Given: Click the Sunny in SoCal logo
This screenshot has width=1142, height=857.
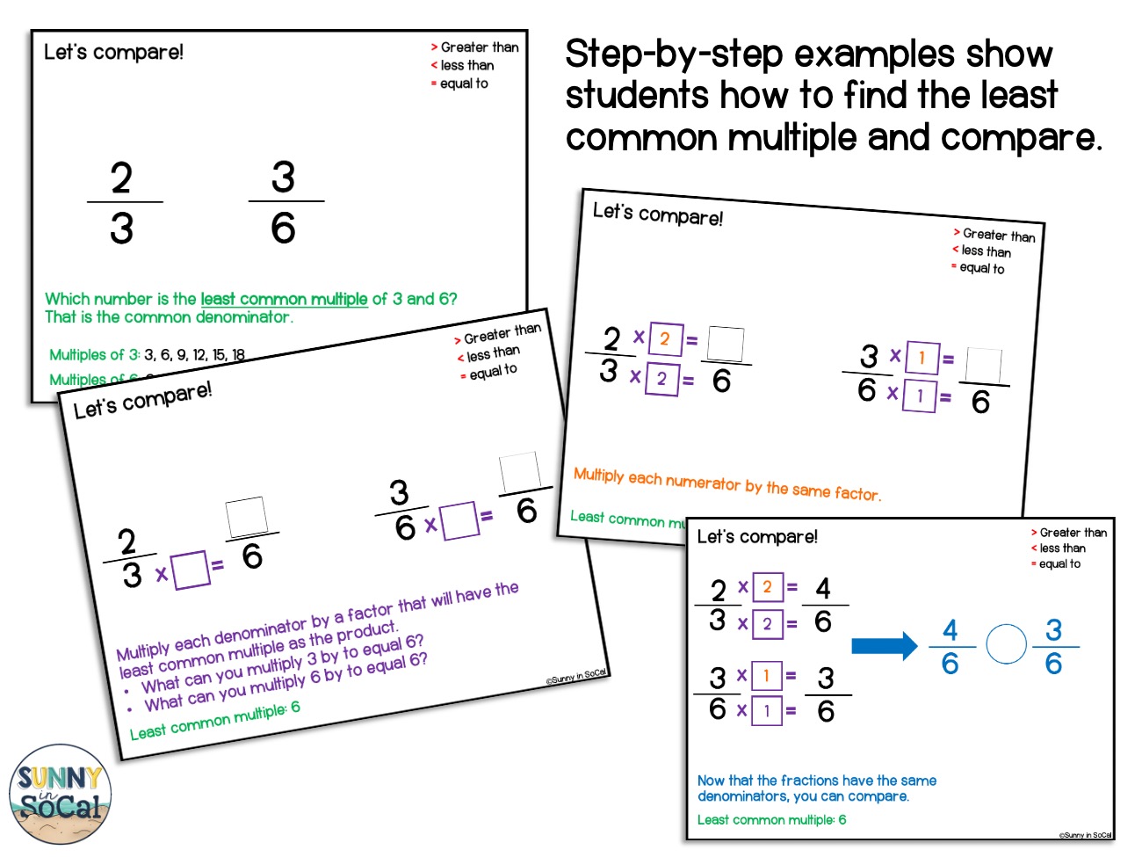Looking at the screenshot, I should tap(60, 794).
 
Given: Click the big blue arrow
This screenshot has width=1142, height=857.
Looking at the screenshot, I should tap(884, 647).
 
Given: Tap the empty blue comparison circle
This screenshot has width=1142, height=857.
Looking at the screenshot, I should tap(1006, 644).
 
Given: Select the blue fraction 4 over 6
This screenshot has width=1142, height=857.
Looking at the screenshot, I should tap(950, 646).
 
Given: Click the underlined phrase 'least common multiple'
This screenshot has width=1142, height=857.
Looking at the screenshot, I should tap(284, 299).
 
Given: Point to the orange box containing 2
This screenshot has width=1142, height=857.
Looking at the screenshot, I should tap(665, 339).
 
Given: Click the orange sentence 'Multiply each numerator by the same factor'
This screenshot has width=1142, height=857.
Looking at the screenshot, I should tap(726, 483).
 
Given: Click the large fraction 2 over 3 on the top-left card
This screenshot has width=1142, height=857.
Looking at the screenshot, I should tap(123, 203).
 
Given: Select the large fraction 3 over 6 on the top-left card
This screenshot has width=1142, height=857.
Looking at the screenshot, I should tap(284, 203).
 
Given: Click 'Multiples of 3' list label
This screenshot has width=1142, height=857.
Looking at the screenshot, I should tap(94, 355).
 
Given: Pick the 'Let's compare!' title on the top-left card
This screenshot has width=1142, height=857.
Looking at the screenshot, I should tap(113, 52).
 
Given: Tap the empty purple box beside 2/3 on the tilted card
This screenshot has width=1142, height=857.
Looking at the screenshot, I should tap(191, 570).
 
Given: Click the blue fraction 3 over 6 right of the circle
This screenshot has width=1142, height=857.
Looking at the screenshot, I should tap(1053, 646).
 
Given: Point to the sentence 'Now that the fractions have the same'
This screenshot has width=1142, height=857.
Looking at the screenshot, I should tap(816, 781).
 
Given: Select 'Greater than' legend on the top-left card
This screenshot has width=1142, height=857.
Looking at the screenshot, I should tap(479, 47).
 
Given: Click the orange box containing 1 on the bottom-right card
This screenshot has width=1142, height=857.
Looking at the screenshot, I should tap(766, 675).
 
